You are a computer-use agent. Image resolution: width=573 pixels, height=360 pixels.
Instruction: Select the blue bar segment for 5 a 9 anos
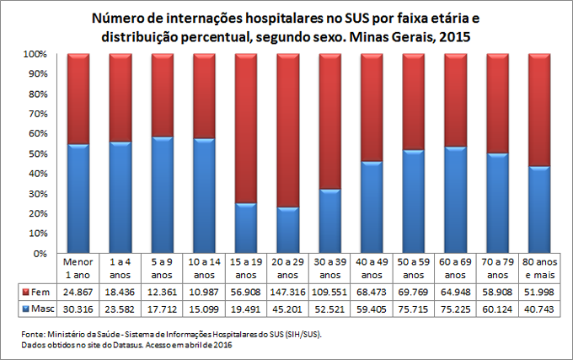(162, 195)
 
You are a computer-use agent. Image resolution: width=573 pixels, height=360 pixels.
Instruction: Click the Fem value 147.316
(287, 291)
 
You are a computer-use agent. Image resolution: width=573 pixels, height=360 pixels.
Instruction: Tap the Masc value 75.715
(413, 309)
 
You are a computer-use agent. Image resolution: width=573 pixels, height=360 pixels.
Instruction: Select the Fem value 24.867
(78, 291)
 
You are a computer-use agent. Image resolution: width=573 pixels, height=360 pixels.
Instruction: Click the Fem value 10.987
(203, 291)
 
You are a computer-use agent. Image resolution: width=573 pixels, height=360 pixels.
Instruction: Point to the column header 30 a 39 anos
(329, 267)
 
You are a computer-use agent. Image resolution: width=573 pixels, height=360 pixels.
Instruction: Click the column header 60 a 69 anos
(455, 267)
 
